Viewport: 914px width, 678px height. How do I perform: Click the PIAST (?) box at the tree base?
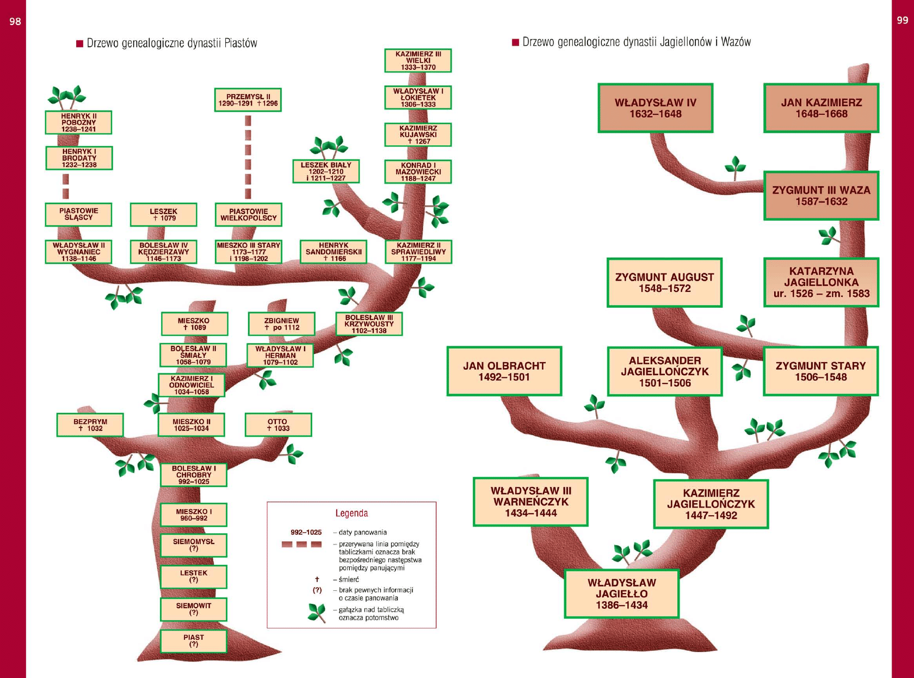(194, 641)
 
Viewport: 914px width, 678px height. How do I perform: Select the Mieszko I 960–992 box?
(194, 515)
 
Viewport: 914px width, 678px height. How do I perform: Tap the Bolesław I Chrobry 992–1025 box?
(194, 475)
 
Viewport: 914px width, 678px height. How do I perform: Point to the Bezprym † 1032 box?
(90, 425)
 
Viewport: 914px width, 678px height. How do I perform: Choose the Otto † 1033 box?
(278, 425)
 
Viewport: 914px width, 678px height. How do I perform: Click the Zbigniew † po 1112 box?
(282, 324)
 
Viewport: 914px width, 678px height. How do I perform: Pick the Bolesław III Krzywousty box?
(369, 324)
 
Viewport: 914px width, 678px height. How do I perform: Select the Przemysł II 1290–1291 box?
(248, 100)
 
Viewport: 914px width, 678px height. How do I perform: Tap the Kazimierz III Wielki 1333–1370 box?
(418, 60)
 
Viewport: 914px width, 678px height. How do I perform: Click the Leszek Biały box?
(326, 171)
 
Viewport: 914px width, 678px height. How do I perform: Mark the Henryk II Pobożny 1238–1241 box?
(79, 123)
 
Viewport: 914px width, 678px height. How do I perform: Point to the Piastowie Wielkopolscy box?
(249, 215)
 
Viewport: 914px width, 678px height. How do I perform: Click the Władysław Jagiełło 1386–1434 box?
(621, 594)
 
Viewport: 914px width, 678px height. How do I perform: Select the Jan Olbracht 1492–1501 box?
(504, 371)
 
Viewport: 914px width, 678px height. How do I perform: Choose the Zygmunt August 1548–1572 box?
(664, 283)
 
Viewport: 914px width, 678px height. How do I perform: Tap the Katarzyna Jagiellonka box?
(821, 282)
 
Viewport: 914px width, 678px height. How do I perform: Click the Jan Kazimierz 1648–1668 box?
(821, 108)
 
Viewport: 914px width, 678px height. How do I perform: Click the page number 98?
(15, 22)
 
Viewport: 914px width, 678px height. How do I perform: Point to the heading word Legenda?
(351, 513)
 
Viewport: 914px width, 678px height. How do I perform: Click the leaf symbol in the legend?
(317, 613)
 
